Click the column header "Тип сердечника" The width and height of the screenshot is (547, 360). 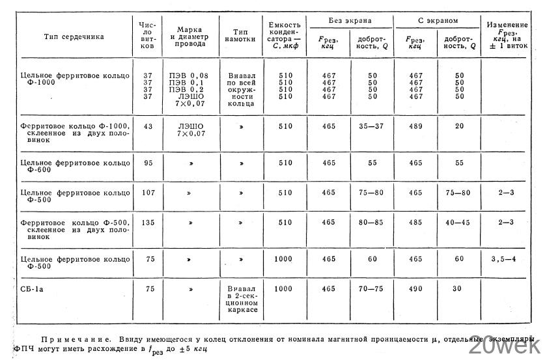tap(74, 38)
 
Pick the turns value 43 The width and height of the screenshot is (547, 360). tap(147, 126)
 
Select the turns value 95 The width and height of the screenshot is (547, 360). tap(147, 162)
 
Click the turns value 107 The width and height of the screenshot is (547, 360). tap(147, 193)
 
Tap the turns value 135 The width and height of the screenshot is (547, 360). tap(147, 223)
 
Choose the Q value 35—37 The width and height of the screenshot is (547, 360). tap(372, 126)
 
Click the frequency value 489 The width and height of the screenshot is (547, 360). tap(415, 126)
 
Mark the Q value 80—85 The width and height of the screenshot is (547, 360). tap(372, 223)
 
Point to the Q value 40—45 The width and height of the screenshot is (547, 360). tap(460, 223)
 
